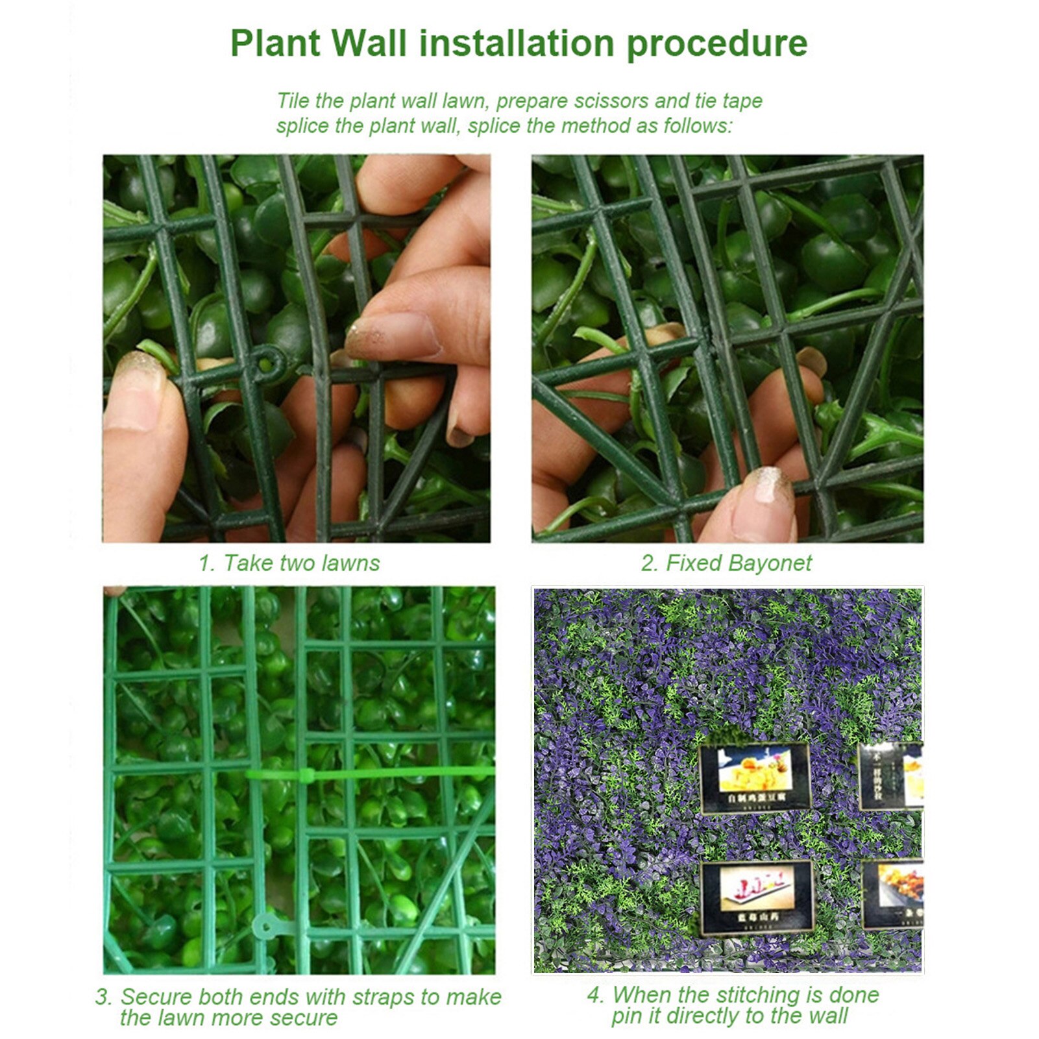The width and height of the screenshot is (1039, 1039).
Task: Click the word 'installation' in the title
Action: pos(517,43)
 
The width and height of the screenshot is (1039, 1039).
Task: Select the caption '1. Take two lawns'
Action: pos(289,563)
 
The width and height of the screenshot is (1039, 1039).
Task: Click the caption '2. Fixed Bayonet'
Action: pos(726,563)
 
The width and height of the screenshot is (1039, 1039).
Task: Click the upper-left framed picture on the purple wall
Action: pos(754,777)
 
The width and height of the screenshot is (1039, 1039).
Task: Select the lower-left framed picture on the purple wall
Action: pos(757,897)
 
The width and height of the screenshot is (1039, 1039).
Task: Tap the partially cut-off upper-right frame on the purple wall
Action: pos(891,776)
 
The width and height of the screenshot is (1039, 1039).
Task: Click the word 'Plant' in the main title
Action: pos(275,43)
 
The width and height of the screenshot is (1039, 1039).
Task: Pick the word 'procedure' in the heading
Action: pos(716,43)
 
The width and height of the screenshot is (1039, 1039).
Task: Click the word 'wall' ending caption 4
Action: pos(827,1016)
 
